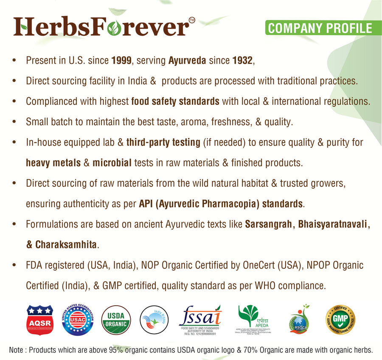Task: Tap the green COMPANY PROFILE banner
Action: [x=319, y=28]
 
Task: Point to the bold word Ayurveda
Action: [x=187, y=61]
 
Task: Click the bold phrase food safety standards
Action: [x=175, y=101]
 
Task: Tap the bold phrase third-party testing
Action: [x=163, y=142]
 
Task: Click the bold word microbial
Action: [x=112, y=163]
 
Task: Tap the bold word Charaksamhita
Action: [x=67, y=245]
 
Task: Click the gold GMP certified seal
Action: [x=340, y=319]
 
